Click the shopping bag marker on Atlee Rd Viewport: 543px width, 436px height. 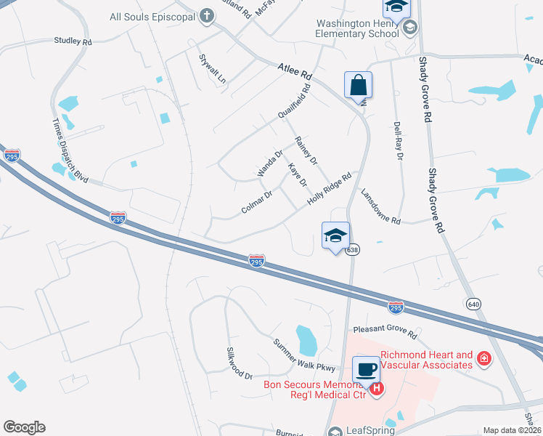(359, 84)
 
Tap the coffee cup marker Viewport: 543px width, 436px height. (367, 369)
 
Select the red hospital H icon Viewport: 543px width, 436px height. (377, 389)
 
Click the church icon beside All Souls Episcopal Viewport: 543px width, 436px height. (206, 15)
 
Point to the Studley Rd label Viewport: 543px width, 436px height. (73, 41)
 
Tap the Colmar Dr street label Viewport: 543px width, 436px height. (256, 203)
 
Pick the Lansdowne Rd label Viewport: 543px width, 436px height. (380, 206)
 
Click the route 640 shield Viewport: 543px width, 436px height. (473, 303)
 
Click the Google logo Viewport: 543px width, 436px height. (24, 427)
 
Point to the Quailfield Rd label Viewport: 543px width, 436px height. (293, 102)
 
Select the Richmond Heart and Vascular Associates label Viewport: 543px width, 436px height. (427, 360)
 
